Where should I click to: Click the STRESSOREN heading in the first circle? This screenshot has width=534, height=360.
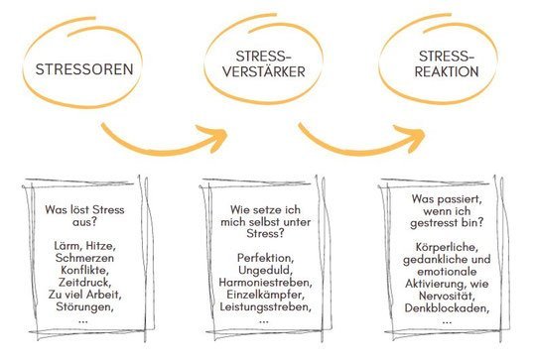84,69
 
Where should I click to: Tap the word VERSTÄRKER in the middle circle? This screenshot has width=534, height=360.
264,71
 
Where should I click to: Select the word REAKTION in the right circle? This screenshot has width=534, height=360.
447,71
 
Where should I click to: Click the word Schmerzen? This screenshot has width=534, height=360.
84,258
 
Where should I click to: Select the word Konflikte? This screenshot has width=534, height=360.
84,270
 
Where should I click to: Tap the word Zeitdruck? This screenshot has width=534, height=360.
84,282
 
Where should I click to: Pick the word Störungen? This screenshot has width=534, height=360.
84,306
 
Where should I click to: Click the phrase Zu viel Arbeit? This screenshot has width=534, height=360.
84,295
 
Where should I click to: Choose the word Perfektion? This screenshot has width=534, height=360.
265,258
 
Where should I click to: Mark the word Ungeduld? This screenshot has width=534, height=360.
265,270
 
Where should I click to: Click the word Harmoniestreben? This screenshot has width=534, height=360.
265,282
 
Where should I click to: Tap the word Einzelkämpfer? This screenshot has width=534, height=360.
265,295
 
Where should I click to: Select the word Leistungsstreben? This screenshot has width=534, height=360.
265,306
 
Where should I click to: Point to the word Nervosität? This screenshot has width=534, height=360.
447,296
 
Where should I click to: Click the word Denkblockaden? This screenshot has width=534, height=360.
447,308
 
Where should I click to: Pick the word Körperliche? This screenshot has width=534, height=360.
447,247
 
